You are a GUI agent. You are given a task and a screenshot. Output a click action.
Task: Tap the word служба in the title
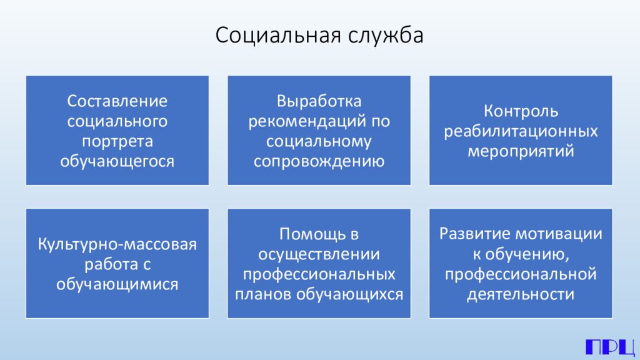pyautogui.click(x=387, y=36)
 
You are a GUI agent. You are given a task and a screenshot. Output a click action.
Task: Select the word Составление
pyautogui.click(x=117, y=101)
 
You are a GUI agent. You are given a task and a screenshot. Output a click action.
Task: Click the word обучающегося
pyautogui.click(x=117, y=161)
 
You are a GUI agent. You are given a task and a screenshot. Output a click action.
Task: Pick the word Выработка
pyautogui.click(x=319, y=101)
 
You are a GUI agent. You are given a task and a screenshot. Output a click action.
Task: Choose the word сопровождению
pyautogui.click(x=319, y=161)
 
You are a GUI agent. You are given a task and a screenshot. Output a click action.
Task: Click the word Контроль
pyautogui.click(x=520, y=111)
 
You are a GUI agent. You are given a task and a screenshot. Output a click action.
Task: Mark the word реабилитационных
pyautogui.click(x=520, y=131)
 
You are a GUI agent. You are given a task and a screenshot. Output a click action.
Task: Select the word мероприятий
pyautogui.click(x=520, y=151)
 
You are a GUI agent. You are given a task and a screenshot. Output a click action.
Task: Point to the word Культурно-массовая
pyautogui.click(x=117, y=244)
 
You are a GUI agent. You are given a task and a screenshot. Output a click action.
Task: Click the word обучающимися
pyautogui.click(x=117, y=284)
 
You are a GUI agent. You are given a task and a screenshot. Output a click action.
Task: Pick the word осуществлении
pyautogui.click(x=319, y=254)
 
